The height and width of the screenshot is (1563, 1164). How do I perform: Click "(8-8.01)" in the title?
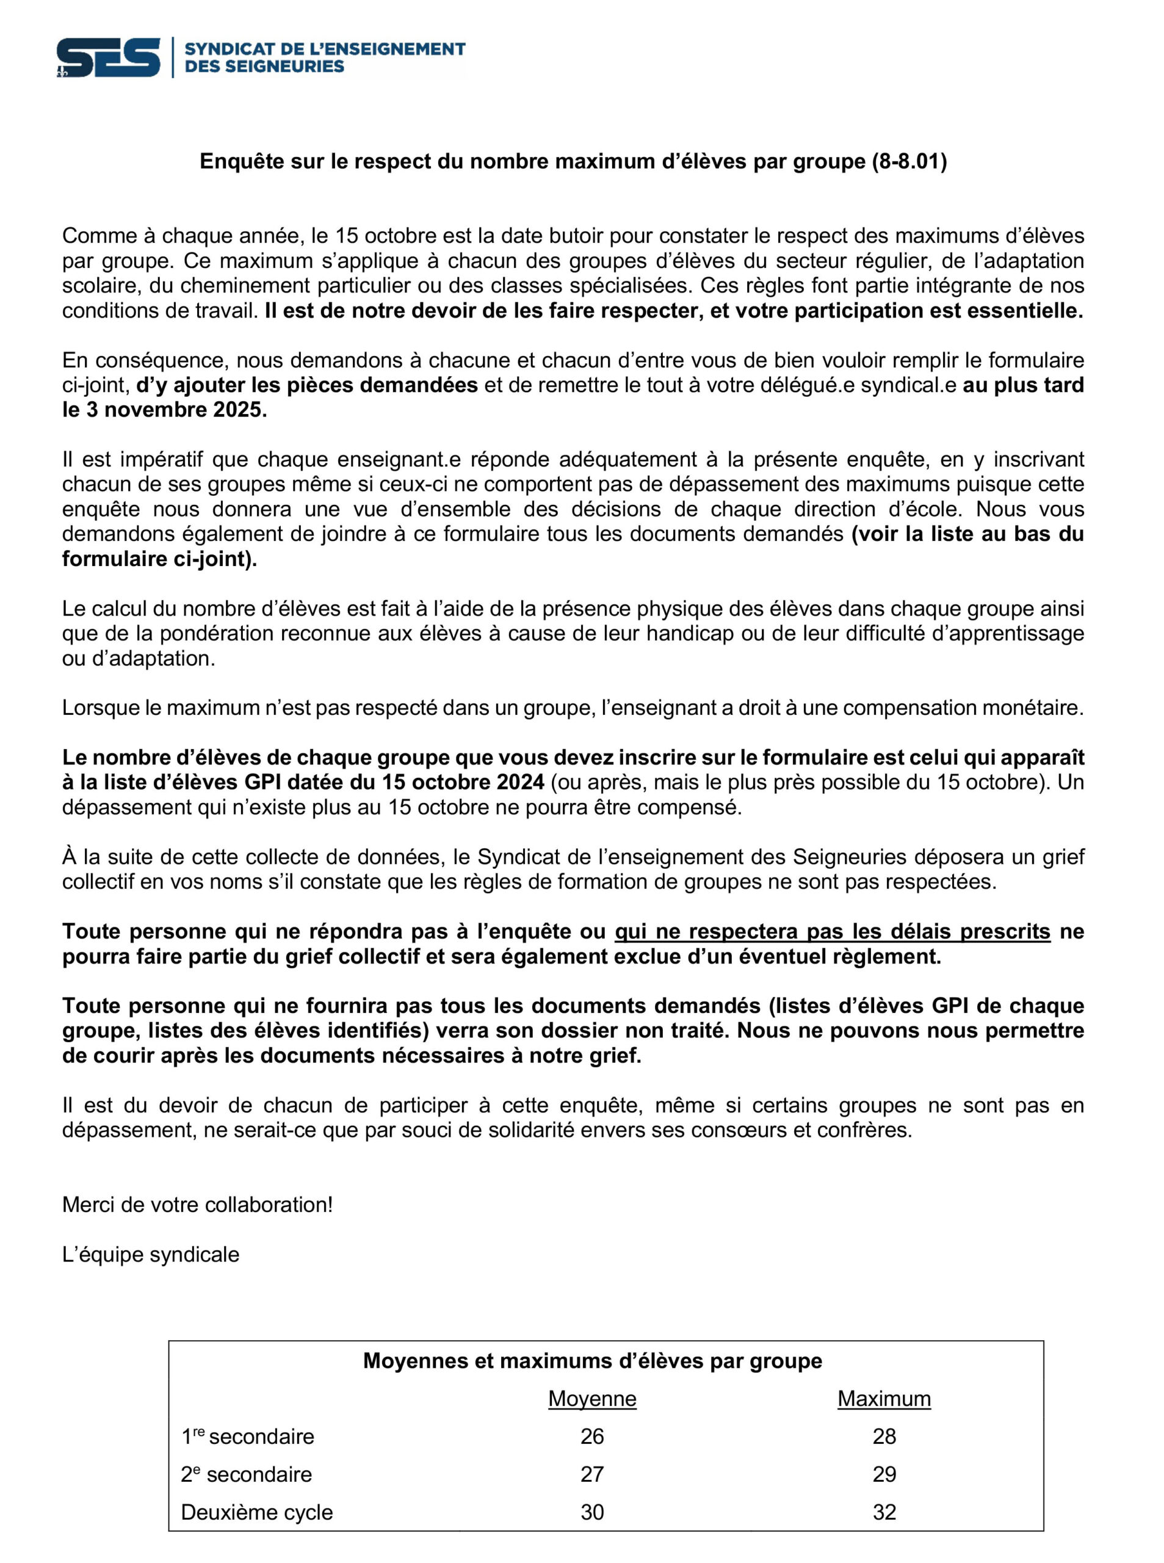[x=909, y=161]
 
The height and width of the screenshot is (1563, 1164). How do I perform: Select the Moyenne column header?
[x=592, y=1398]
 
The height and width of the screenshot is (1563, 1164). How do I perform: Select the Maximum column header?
[x=884, y=1398]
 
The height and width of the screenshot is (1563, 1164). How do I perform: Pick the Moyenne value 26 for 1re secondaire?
[x=592, y=1436]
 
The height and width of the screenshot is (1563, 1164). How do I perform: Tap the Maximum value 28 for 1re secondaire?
[x=884, y=1436]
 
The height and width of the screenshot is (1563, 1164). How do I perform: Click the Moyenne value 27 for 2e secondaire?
[x=592, y=1474]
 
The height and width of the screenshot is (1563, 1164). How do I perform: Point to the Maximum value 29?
[x=884, y=1474]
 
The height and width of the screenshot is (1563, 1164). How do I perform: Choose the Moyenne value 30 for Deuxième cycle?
[x=592, y=1512]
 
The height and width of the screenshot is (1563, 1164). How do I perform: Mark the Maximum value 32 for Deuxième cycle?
[x=884, y=1512]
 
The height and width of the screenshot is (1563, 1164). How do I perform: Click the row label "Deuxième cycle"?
[x=256, y=1512]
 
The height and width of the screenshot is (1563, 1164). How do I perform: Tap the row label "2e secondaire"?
[x=246, y=1474]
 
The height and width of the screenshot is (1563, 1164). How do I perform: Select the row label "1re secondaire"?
[x=247, y=1436]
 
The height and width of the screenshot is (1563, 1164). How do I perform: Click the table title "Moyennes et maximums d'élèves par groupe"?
[x=592, y=1360]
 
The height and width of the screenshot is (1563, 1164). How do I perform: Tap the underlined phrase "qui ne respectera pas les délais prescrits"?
[x=832, y=932]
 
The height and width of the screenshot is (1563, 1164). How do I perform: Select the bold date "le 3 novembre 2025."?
[x=165, y=410]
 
